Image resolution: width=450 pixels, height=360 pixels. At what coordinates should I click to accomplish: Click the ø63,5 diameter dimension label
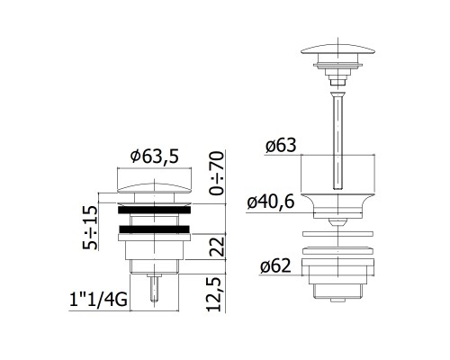click(155, 157)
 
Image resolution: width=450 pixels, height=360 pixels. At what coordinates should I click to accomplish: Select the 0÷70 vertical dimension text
click(217, 174)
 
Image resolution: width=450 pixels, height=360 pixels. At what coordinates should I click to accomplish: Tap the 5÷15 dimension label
click(90, 228)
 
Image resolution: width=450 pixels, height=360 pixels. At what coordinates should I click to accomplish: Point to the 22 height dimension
click(217, 247)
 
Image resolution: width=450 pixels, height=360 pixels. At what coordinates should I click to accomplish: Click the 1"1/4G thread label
click(98, 300)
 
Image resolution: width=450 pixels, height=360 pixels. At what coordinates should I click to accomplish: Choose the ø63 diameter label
click(281, 145)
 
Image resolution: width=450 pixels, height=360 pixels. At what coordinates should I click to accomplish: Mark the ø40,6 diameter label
click(271, 202)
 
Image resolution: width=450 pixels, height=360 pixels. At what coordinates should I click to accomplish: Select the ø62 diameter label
click(275, 266)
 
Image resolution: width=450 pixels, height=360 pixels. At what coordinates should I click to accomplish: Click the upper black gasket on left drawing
click(155, 210)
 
